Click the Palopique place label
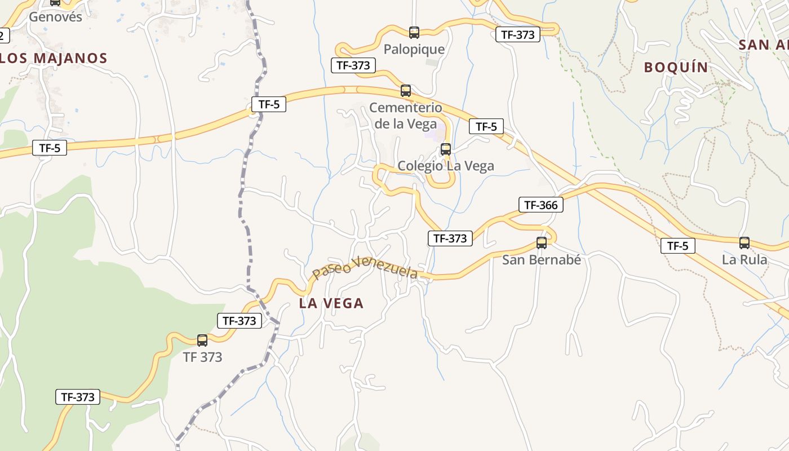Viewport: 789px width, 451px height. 414,50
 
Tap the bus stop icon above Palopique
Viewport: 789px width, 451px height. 414,33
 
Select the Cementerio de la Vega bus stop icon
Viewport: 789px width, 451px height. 406,91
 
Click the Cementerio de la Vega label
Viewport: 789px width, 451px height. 405,116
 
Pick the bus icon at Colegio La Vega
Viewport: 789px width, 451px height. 446,149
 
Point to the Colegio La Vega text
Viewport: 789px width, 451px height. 446,166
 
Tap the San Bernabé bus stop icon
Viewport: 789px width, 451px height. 542,243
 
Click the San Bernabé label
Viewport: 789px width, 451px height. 541,260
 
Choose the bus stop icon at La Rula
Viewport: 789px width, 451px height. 744,243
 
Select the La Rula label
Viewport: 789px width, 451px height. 744,260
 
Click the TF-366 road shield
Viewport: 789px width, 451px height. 541,205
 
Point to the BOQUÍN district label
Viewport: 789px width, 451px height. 676,68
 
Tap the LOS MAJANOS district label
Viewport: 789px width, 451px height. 54,58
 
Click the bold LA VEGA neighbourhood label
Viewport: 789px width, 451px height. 331,303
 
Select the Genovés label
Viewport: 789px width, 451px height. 55,17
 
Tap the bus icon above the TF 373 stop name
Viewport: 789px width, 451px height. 202,341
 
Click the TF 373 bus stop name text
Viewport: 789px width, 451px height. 202,357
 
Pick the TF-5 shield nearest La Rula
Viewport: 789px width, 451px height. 678,246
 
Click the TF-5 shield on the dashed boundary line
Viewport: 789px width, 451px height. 269,104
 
